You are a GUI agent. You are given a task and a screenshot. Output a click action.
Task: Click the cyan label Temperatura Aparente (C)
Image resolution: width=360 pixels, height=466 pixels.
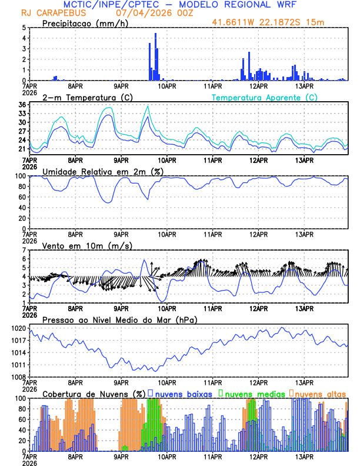coord(264,97)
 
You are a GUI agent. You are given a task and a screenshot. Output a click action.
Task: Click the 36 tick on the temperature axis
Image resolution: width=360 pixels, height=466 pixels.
coord(23,105)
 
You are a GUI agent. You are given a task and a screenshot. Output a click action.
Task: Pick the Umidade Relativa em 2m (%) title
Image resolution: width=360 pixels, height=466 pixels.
coord(102,171)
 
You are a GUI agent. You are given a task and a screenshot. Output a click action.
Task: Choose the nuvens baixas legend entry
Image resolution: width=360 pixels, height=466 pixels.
coord(183,393)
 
